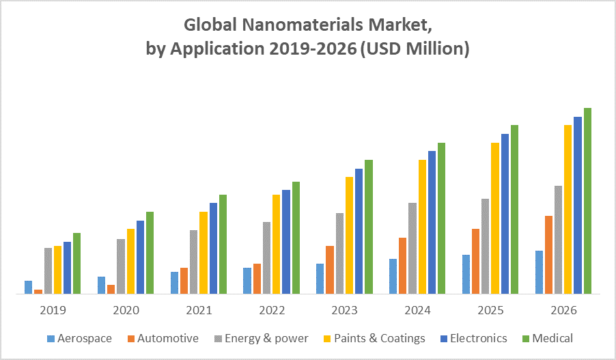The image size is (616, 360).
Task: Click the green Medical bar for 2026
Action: (587, 201)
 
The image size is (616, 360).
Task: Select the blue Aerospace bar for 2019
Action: (29, 287)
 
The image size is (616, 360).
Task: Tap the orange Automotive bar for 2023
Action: (330, 270)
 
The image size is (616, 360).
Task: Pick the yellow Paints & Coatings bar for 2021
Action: (204, 253)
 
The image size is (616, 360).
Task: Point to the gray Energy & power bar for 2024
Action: (412, 248)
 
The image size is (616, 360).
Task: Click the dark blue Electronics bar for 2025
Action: (505, 214)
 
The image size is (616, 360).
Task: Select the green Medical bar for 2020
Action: (150, 253)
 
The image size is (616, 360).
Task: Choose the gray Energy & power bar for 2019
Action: (48, 271)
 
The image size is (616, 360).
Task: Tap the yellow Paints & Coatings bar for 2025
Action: (495, 218)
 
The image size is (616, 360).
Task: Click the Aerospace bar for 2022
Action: (247, 280)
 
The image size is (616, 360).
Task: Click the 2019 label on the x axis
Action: (53, 310)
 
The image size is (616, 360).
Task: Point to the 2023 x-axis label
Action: (344, 310)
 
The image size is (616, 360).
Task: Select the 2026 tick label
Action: (563, 310)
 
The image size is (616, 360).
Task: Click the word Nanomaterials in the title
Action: (288, 25)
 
